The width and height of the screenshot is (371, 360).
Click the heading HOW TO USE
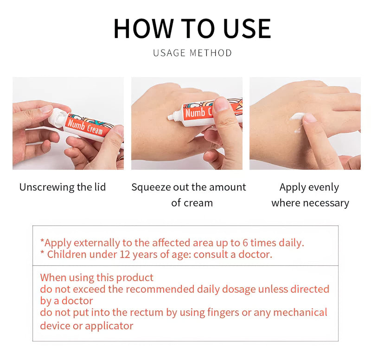click(192, 28)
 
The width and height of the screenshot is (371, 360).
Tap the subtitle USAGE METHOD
click(192, 53)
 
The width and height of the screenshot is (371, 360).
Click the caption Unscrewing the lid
click(63, 187)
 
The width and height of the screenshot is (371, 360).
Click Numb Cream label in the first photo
click(84, 125)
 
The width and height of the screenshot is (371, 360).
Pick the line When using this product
click(96, 278)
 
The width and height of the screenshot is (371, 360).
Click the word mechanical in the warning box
click(300, 313)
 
